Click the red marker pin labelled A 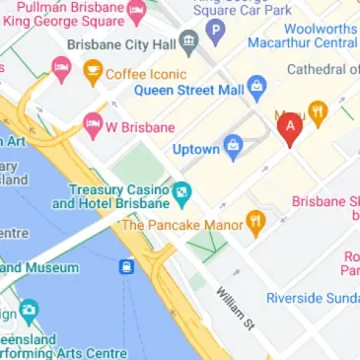pyautogui.click(x=290, y=128)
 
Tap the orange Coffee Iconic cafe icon pyautogui.click(x=94, y=71)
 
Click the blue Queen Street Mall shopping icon pyautogui.click(x=256, y=87)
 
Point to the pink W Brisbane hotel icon pyautogui.click(x=93, y=125)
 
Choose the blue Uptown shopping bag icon pyautogui.click(x=234, y=149)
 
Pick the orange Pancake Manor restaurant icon pyautogui.click(x=254, y=224)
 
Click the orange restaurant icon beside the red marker pyautogui.click(x=318, y=111)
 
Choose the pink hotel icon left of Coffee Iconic pyautogui.click(x=60, y=69)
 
